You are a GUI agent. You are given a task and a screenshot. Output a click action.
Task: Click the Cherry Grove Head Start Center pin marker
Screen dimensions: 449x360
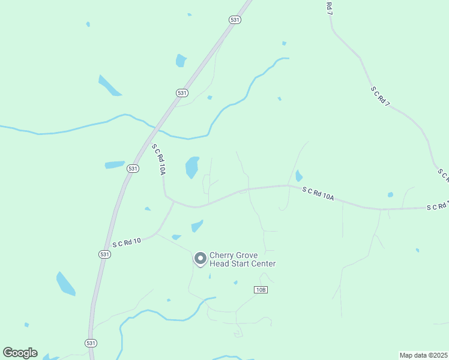click(x=200, y=259)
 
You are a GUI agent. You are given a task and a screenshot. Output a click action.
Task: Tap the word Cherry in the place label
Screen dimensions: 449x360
click(x=221, y=255)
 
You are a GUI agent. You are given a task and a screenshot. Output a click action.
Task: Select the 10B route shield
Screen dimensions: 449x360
click(x=260, y=290)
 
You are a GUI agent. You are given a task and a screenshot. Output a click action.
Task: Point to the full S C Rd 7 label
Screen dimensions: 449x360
click(x=380, y=97)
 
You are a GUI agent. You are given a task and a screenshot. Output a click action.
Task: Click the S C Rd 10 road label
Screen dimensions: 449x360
click(x=127, y=242)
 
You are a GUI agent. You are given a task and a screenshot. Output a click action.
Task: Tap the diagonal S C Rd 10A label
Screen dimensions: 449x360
click(x=158, y=160)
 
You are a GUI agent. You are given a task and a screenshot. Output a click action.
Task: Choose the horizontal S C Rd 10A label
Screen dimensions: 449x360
click(x=318, y=193)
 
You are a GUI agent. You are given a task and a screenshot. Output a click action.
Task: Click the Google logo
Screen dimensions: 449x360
click(x=20, y=353)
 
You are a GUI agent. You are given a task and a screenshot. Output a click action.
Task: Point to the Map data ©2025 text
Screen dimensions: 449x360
click(x=423, y=355)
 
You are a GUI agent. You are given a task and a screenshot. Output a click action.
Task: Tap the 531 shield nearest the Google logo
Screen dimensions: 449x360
click(x=90, y=343)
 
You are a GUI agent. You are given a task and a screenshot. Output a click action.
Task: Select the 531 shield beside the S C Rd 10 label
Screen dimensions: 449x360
click(x=104, y=254)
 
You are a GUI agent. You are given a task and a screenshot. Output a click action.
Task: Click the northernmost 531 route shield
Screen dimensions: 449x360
click(x=235, y=20)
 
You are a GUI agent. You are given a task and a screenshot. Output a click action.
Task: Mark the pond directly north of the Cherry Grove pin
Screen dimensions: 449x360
click(x=197, y=226)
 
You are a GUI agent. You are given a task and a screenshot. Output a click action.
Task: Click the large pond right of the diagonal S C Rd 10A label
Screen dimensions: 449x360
click(x=192, y=167)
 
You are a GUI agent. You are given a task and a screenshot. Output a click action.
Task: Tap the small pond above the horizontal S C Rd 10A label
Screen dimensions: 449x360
click(x=299, y=176)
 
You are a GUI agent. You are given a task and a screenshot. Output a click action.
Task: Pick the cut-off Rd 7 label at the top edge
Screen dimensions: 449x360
click(x=329, y=7)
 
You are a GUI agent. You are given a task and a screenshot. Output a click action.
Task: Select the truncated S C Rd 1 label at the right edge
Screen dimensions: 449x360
click(x=437, y=206)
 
